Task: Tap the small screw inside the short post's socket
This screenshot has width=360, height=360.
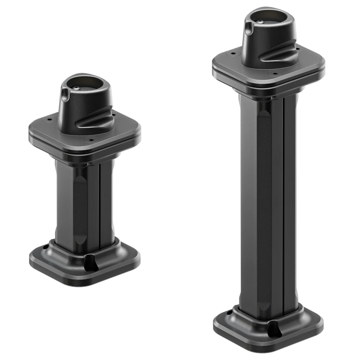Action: (79, 88)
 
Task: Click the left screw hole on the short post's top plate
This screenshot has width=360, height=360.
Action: (48, 118)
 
